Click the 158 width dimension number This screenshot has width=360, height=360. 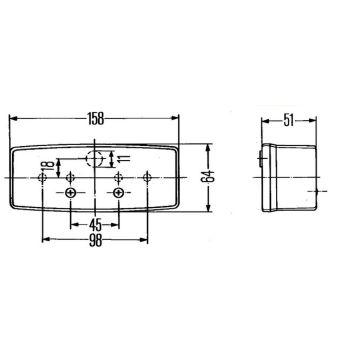[96, 118]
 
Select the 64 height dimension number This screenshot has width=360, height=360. [208, 176]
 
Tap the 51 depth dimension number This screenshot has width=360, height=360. [289, 121]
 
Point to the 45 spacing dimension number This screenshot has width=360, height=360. [95, 226]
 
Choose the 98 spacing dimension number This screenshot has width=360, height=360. [95, 241]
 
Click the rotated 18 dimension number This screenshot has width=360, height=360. [49, 165]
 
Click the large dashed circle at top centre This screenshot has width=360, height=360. [94, 158]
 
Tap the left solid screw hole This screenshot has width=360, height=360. [71, 193]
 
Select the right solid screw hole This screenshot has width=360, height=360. [118, 193]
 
